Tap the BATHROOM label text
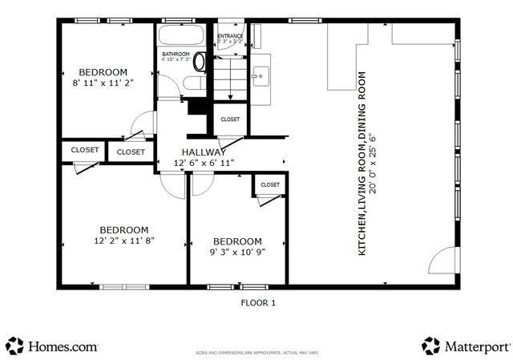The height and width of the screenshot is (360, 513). point(176,54)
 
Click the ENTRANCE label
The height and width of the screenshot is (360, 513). point(230,35)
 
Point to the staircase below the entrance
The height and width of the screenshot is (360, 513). point(230,80)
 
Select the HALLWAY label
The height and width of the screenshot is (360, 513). point(204,152)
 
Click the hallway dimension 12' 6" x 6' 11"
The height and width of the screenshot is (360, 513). point(204,163)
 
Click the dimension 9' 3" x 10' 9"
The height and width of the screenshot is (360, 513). point(236,251)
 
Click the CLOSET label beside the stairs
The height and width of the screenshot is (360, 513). point(230,119)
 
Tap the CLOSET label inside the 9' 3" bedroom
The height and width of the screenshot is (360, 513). point(270,185)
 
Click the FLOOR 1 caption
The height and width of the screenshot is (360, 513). point(258,303)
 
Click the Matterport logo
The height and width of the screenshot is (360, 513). point(466,346)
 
